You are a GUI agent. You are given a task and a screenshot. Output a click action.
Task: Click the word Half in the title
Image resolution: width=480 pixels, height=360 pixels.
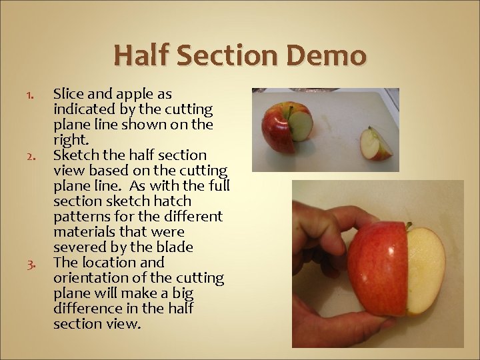(x=142, y=55)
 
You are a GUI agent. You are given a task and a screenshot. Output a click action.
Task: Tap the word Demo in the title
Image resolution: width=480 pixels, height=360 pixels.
(x=327, y=55)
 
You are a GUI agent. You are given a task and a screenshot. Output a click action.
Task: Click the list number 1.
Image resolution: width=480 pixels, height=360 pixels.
(x=29, y=95)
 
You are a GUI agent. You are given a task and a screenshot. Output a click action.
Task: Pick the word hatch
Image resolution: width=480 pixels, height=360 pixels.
(x=173, y=201)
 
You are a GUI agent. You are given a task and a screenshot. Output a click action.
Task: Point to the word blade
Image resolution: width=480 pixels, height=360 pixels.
(x=175, y=247)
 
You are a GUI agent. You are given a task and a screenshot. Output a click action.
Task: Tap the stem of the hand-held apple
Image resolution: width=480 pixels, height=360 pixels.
(x=409, y=227)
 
